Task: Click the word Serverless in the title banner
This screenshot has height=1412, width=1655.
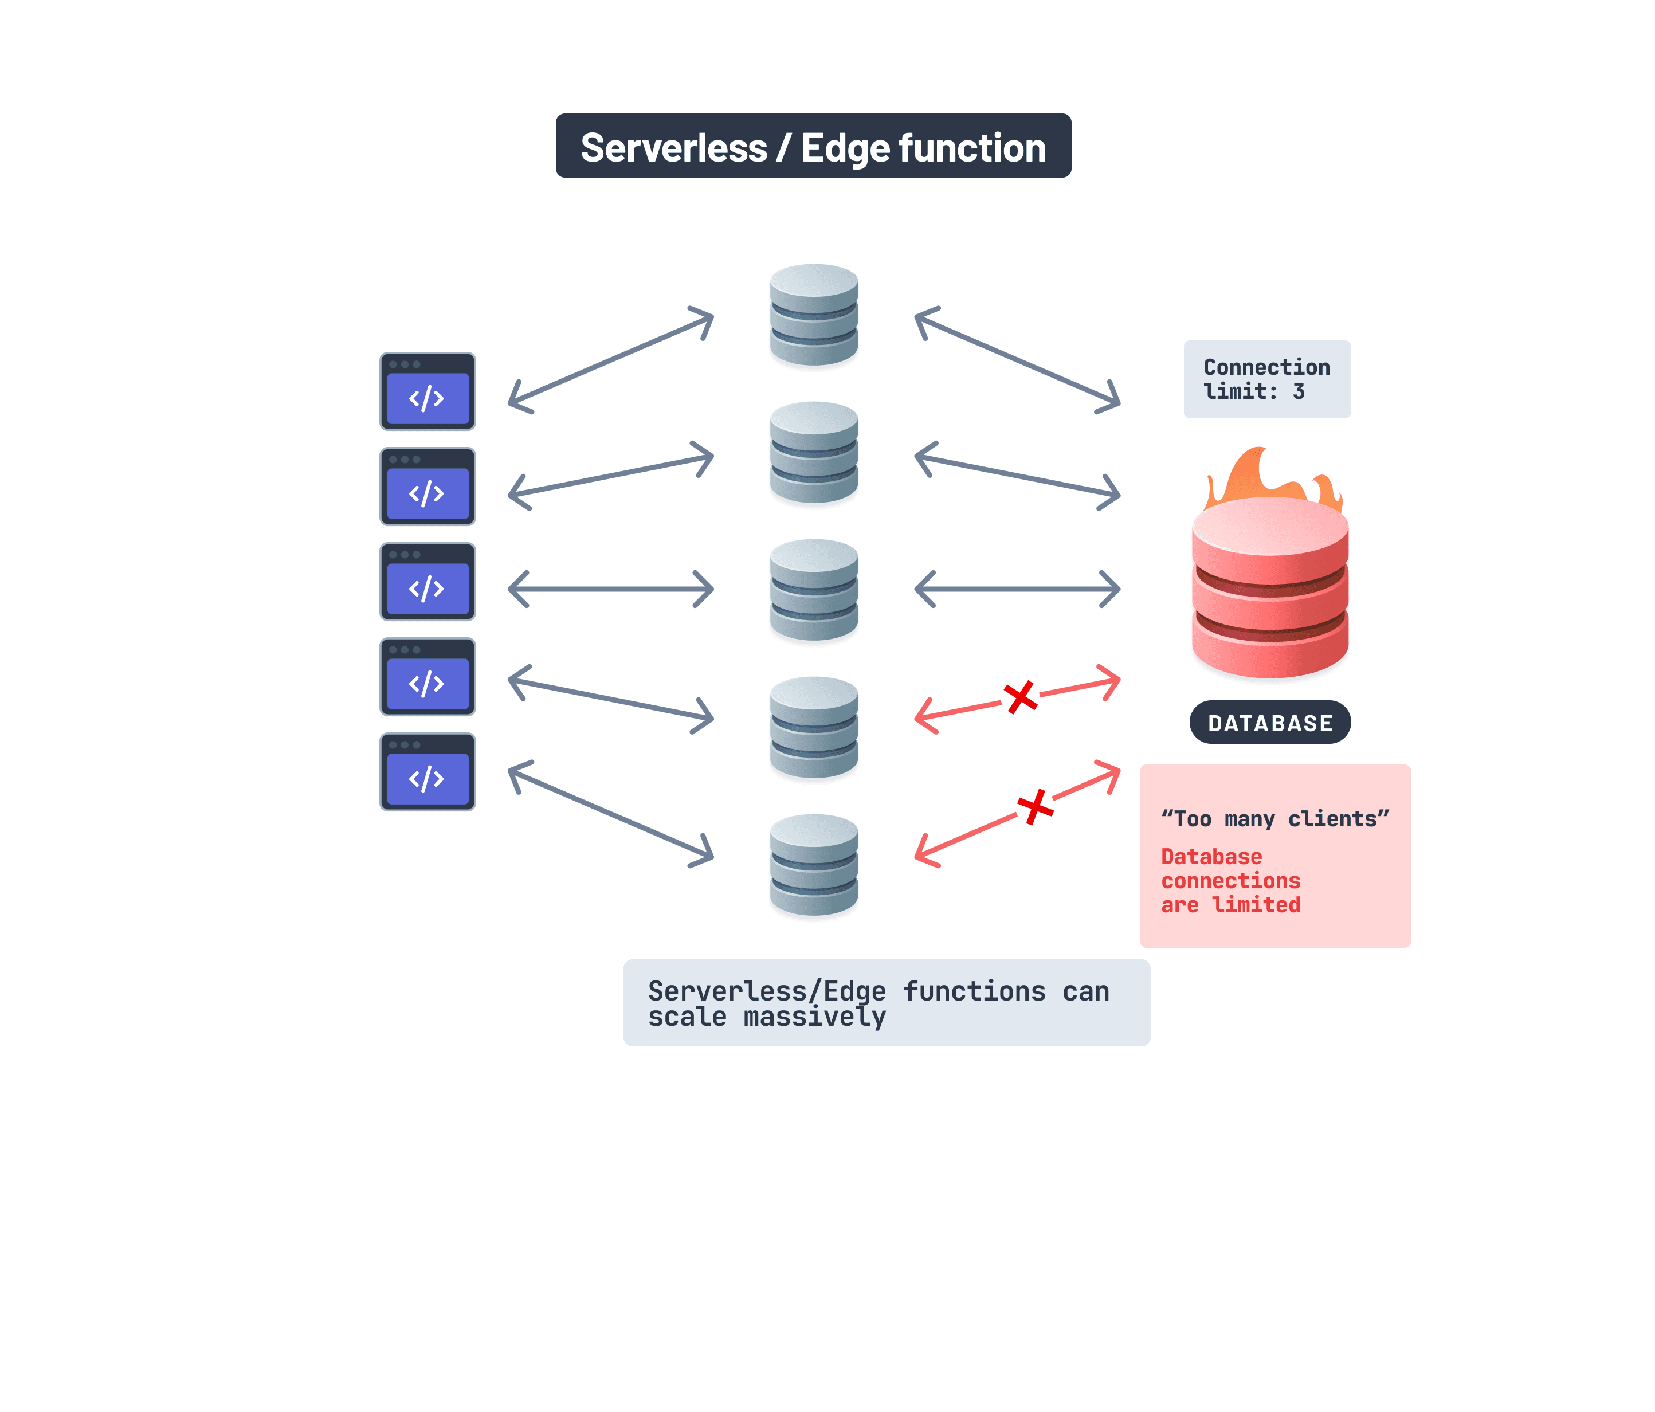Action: point(673,148)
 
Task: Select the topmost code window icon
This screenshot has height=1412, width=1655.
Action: point(428,391)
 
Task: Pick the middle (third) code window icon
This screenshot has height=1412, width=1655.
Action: point(428,582)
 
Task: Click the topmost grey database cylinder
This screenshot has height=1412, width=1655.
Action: point(813,315)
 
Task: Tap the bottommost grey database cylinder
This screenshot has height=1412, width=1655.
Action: point(813,865)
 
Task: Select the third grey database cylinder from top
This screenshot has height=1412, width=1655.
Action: point(813,590)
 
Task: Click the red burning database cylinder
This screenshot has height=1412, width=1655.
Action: point(1269,591)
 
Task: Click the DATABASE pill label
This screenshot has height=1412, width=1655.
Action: point(1269,723)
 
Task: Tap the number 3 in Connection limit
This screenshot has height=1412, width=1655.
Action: point(1299,391)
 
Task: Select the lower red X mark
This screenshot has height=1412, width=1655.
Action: point(1035,807)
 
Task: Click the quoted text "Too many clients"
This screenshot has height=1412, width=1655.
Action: point(1275,819)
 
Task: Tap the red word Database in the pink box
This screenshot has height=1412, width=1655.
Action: point(1211,857)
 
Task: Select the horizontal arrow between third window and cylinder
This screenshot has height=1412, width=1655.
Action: point(611,590)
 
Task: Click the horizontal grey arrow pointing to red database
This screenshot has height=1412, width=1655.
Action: point(1017,590)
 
